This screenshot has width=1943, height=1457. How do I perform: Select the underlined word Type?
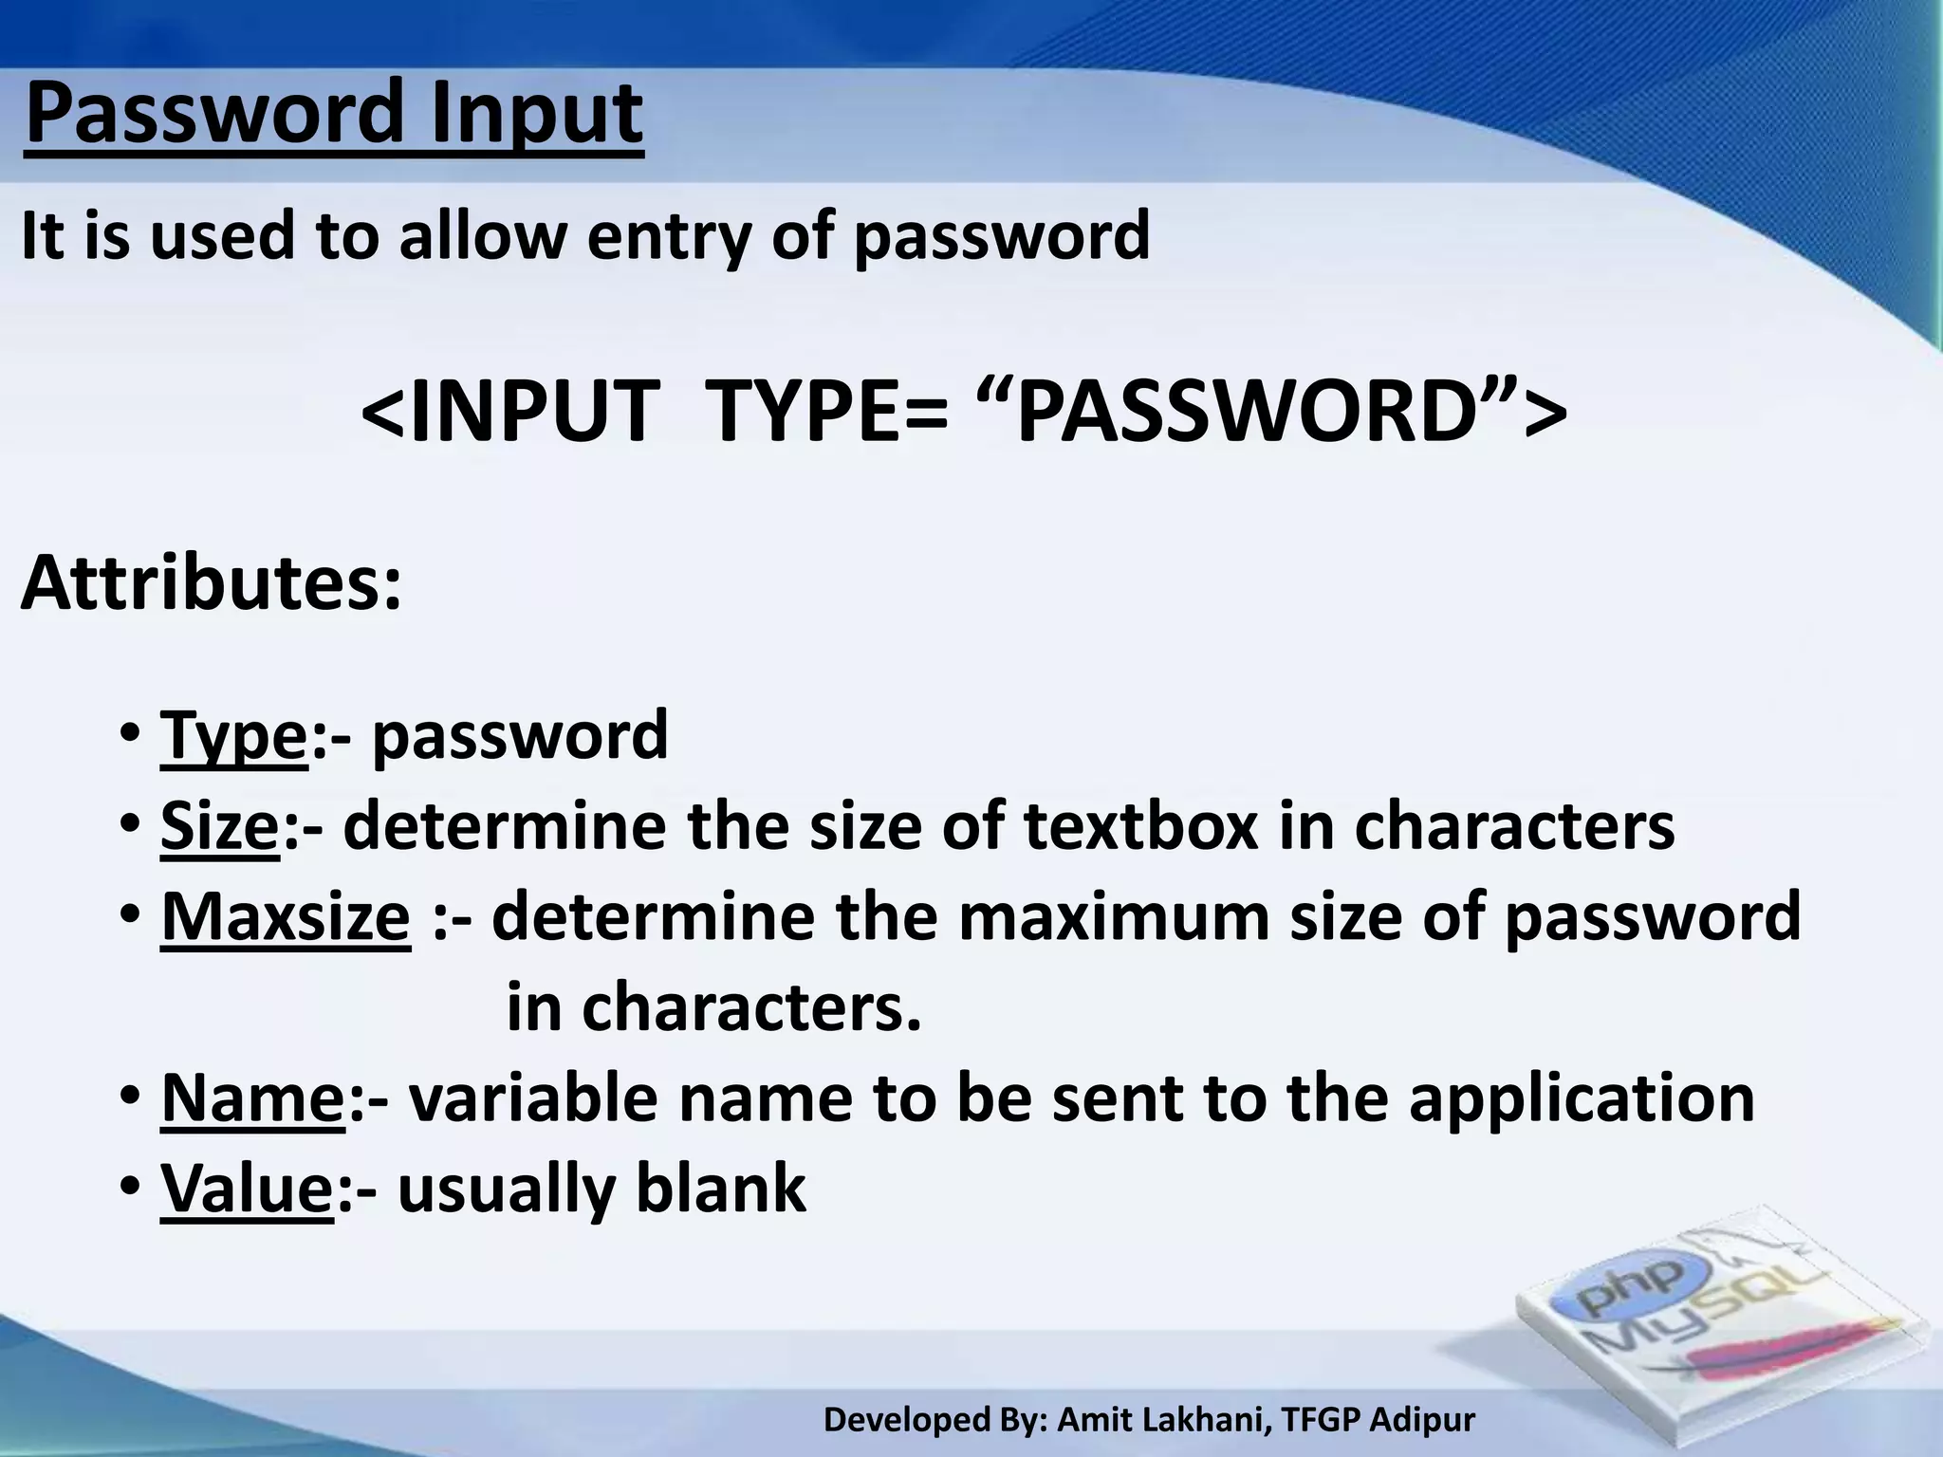pos(234,735)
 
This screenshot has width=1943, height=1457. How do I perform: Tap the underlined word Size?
pos(220,825)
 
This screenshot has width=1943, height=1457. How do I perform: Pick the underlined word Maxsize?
pos(286,916)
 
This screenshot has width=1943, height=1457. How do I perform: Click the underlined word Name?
pos(253,1097)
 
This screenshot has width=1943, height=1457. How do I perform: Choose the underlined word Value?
pos(248,1188)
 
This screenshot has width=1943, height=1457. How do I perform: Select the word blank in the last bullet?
pos(721,1188)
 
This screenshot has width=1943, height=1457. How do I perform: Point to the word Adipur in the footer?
pos(1423,1420)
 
